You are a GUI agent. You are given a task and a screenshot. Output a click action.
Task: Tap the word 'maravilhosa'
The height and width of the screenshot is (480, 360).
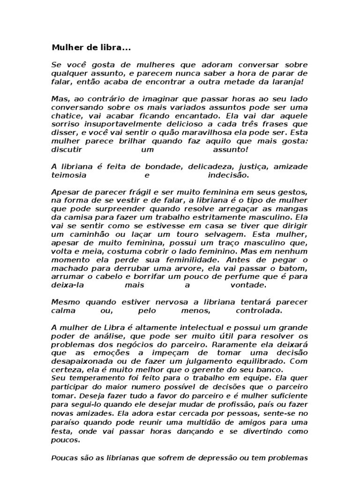click(185, 132)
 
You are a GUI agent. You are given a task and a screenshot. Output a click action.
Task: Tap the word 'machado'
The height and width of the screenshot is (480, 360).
click(66, 268)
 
